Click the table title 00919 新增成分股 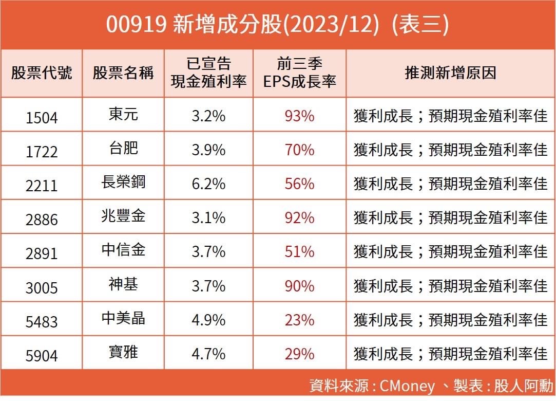[x=277, y=25]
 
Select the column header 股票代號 [x=42, y=72]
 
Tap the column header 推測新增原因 [x=450, y=72]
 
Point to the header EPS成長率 [x=299, y=82]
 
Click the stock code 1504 [x=42, y=118]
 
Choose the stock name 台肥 [x=123, y=148]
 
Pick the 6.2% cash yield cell [x=208, y=184]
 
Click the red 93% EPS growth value [x=299, y=116]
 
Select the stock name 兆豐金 [x=123, y=216]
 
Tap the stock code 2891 [x=42, y=253]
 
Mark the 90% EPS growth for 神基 [x=299, y=285]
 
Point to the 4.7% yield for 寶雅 [x=208, y=354]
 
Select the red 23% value [x=299, y=320]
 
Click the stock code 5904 [x=42, y=355]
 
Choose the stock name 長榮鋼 [x=123, y=182]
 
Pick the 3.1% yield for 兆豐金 [x=208, y=217]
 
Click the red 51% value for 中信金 [x=299, y=251]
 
